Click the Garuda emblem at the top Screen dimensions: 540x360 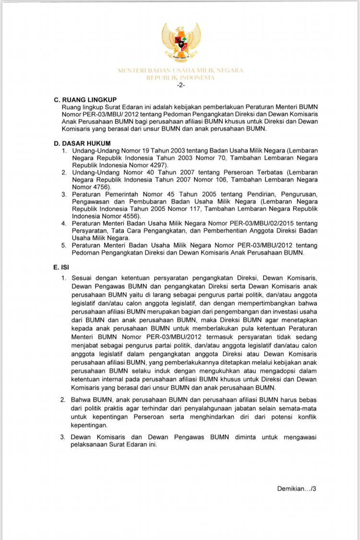pyautogui.click(x=181, y=43)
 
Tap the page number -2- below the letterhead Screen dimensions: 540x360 pyautogui.click(x=180, y=85)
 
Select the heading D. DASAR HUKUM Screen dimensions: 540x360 pyautogui.click(x=82, y=143)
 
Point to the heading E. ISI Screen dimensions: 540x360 pyautogui.click(x=62, y=267)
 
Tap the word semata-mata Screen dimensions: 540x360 pyautogui.click(x=299, y=408)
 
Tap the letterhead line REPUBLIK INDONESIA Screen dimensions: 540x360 pyautogui.click(x=180, y=77)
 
